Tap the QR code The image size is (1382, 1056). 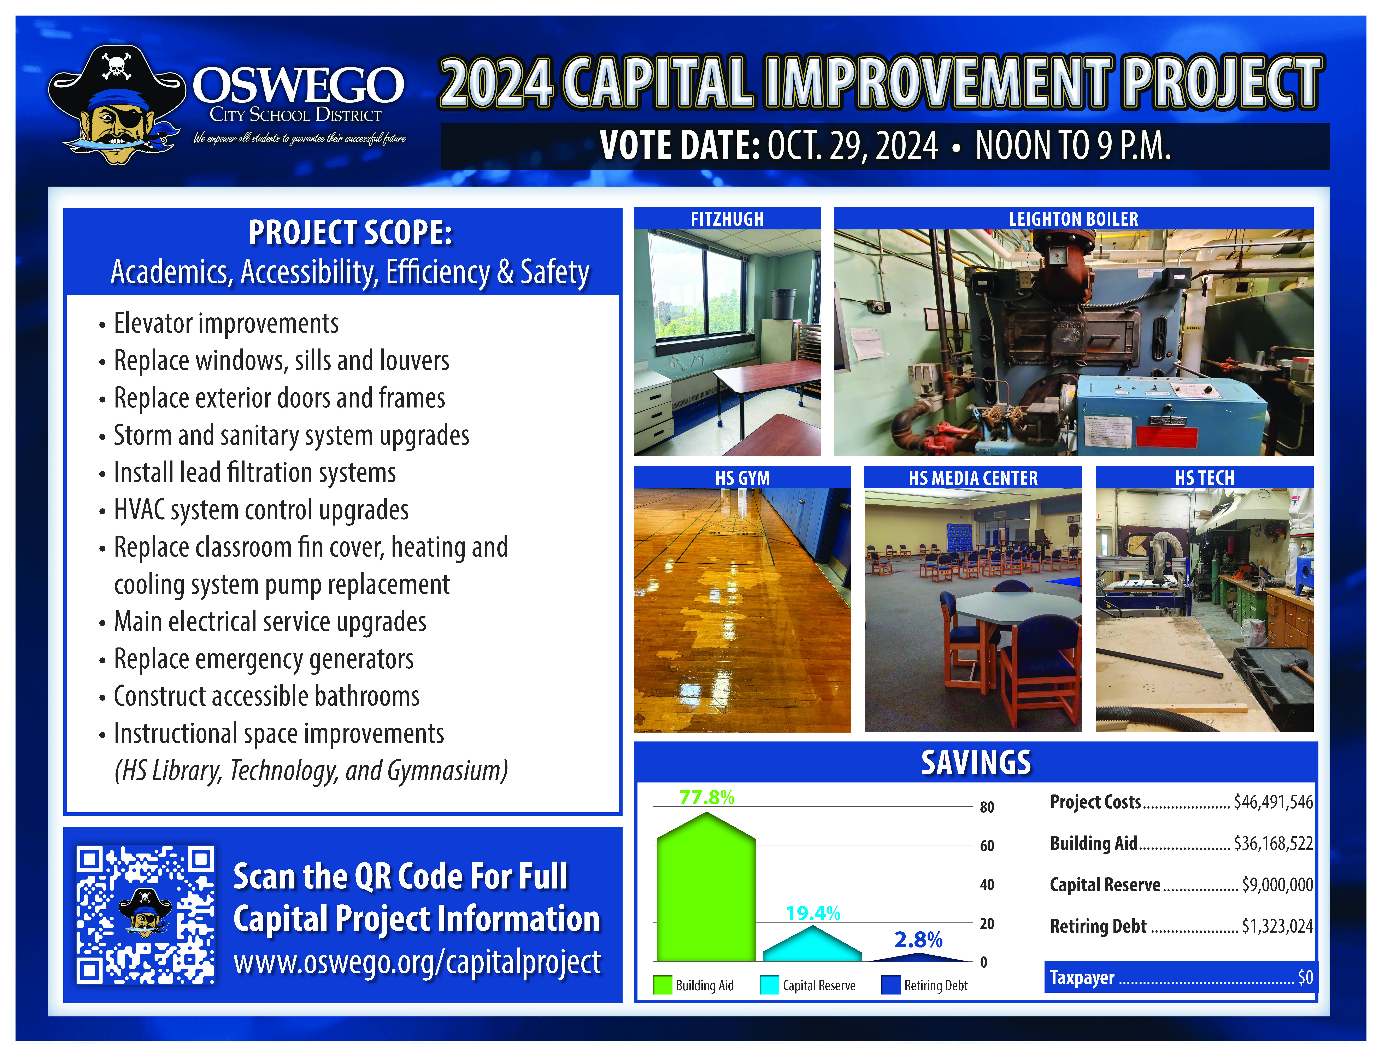tap(145, 915)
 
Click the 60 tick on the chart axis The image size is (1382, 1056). tap(987, 845)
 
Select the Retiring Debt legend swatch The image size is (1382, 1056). tap(890, 984)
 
